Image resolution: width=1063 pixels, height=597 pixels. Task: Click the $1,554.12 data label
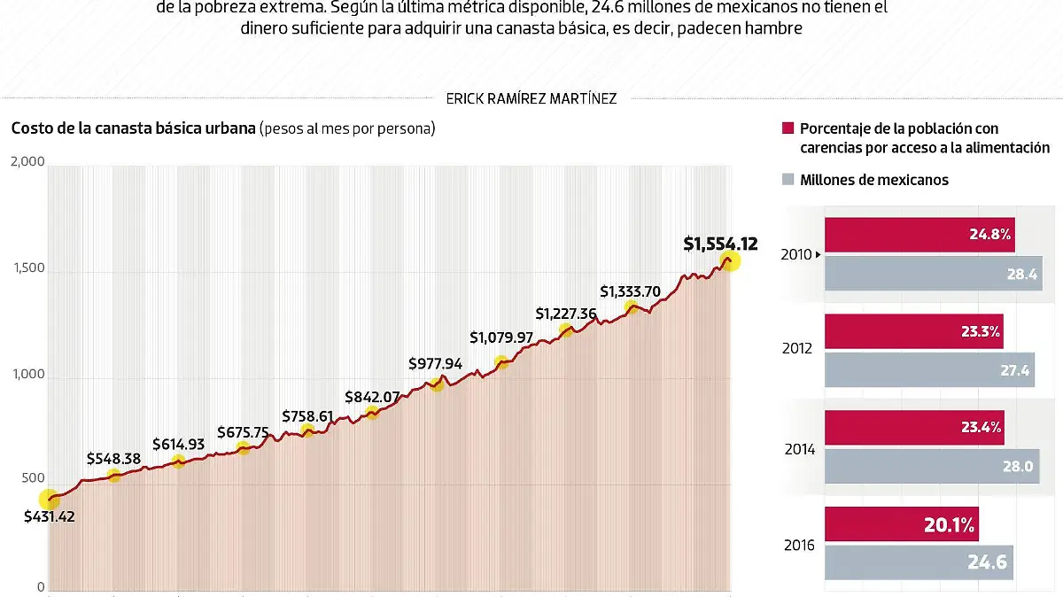[720, 244]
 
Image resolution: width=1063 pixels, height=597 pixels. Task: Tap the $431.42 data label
[50, 516]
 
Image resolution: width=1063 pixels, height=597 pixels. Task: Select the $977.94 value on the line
[436, 363]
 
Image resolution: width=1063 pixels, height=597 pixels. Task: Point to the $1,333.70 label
[629, 291]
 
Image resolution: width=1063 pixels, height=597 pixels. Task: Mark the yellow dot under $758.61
[307, 431]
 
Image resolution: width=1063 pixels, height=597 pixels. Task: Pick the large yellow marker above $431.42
[49, 500]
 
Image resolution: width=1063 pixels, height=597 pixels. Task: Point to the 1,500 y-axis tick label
[27, 268]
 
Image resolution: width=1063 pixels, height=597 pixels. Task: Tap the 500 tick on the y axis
[33, 478]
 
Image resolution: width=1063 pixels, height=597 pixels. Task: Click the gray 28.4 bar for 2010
[934, 274]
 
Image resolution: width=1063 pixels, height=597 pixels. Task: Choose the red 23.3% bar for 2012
[914, 332]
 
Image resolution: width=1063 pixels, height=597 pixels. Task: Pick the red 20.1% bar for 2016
[901, 524]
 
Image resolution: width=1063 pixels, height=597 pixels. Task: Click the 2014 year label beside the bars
[800, 450]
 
